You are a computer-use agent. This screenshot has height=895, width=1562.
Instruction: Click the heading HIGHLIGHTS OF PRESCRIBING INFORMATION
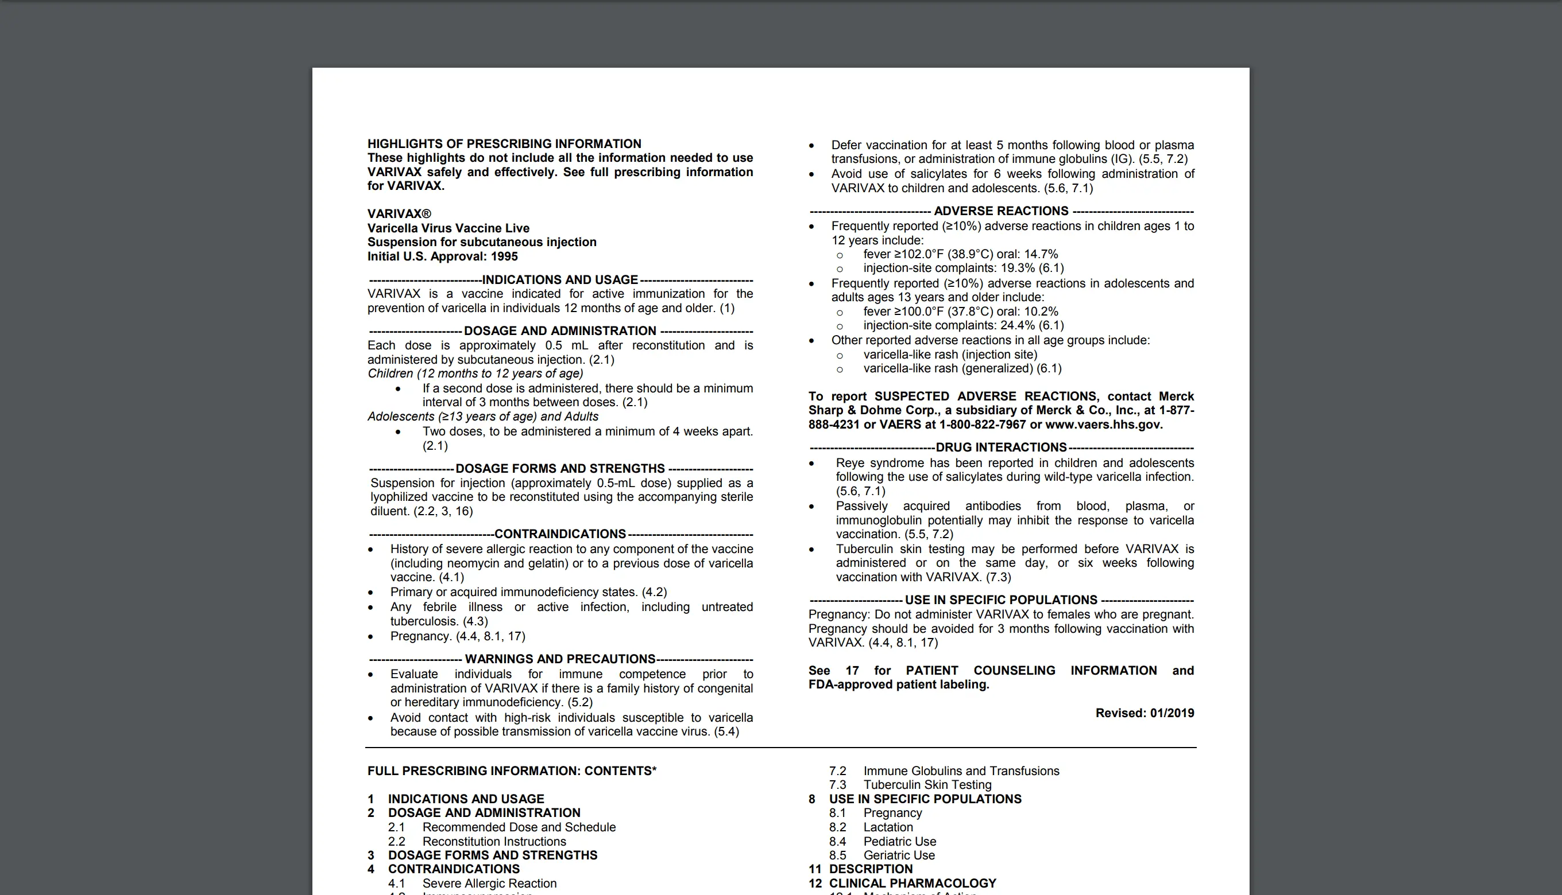[504, 144]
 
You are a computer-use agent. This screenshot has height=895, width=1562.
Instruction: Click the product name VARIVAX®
[399, 214]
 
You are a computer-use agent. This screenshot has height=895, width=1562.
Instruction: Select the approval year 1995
[504, 256]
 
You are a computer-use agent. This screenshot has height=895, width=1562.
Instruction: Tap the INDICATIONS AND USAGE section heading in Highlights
[560, 280]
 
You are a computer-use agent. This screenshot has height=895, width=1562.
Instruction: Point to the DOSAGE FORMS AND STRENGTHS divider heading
[560, 468]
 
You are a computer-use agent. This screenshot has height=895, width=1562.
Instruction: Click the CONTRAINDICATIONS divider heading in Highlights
[560, 534]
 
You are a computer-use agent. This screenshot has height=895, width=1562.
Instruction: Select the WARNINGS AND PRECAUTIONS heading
[560, 659]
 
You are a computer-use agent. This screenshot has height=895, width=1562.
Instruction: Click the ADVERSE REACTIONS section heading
[1001, 211]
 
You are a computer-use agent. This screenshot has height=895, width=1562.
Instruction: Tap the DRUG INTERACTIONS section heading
[1001, 447]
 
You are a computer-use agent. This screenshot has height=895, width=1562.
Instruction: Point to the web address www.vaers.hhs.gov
[1104, 425]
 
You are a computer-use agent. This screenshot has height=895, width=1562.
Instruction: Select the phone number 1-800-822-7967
[983, 425]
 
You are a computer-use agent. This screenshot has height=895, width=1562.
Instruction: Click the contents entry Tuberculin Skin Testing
[927, 785]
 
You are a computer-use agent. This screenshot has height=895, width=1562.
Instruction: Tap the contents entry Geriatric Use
[899, 855]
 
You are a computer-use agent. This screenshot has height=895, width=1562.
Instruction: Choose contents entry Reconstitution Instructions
[494, 842]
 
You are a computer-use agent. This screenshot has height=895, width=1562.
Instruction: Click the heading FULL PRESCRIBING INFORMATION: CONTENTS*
[512, 771]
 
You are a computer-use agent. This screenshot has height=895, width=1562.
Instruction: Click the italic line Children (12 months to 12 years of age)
[475, 373]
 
